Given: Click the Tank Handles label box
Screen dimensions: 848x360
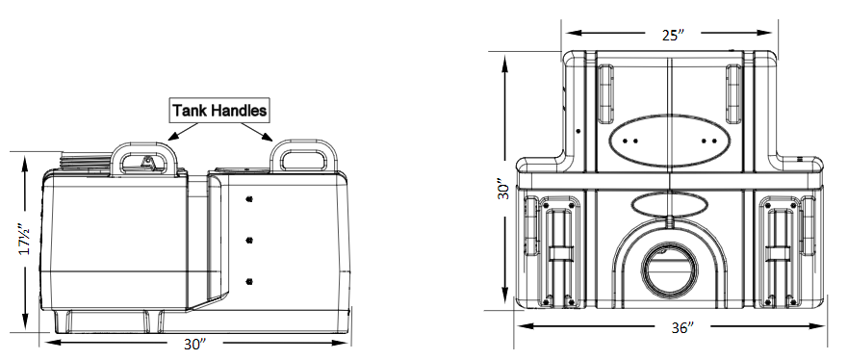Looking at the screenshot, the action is pyautogui.click(x=219, y=111).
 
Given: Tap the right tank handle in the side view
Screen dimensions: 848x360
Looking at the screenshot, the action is pyautogui.click(x=303, y=142).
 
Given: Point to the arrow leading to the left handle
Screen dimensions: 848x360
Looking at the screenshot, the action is pyautogui.click(x=184, y=131).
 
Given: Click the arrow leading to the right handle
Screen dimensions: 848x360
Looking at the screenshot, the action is pyautogui.click(x=256, y=131).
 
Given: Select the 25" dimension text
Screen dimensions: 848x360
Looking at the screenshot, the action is pyautogui.click(x=673, y=35).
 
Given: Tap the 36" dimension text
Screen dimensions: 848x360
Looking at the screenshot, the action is pyautogui.click(x=682, y=327).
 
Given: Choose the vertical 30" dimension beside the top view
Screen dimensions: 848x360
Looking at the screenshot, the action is pyautogui.click(x=503, y=190).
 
